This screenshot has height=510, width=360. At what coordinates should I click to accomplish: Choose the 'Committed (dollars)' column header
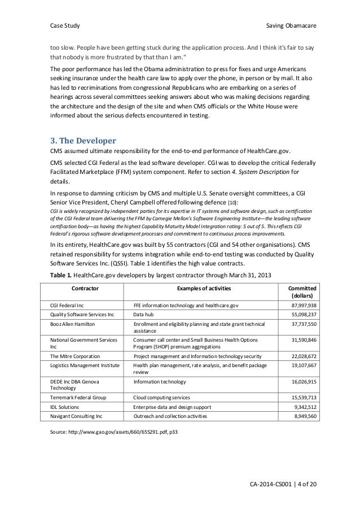(x=302, y=291)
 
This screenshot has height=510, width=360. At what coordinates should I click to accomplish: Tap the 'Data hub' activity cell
(x=145, y=315)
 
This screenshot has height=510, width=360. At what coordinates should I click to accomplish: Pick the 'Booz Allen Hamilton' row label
(x=73, y=324)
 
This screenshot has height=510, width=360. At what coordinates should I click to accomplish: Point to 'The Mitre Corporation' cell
(x=75, y=356)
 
